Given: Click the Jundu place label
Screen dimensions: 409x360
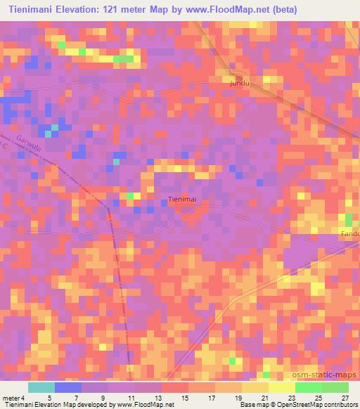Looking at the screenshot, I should pyautogui.click(x=240, y=83).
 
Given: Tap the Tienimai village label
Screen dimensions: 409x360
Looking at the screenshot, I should pyautogui.click(x=181, y=200).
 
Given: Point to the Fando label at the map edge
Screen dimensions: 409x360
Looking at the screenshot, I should pyautogui.click(x=350, y=234).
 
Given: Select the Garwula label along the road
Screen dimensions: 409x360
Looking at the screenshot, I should pyautogui.click(x=32, y=148).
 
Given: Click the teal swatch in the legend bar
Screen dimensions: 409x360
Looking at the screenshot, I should pyautogui.click(x=41, y=387).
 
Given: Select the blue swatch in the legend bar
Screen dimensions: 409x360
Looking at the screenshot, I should pyautogui.click(x=68, y=387).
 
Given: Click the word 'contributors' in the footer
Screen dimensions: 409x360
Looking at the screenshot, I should pyautogui.click(x=341, y=405).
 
